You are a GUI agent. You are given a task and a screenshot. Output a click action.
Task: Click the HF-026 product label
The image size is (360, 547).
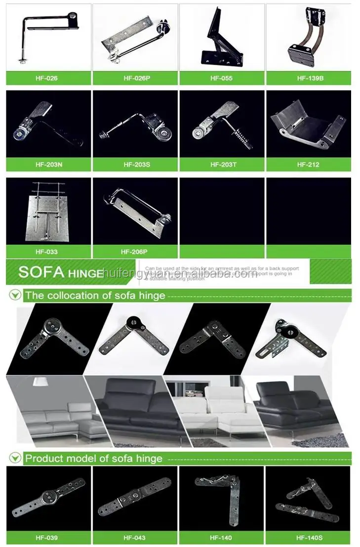pyautogui.click(x=48, y=78)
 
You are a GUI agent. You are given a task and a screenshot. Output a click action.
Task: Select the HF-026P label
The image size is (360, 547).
pyautogui.click(x=135, y=78)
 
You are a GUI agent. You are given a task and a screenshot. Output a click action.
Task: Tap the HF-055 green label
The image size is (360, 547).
pyautogui.click(x=222, y=78)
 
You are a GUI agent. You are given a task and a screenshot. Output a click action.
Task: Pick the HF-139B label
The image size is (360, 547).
pyautogui.click(x=309, y=78)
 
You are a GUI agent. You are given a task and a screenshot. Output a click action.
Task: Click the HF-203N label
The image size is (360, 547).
pyautogui.click(x=48, y=165)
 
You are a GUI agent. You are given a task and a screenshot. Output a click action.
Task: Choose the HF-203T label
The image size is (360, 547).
pyautogui.click(x=222, y=165)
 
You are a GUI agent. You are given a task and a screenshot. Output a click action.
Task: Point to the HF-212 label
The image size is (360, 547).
pyautogui.click(x=309, y=165)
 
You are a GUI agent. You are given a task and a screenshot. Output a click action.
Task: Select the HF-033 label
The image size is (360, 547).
pyautogui.click(x=48, y=252)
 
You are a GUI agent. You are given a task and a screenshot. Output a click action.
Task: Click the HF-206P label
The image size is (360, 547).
pyautogui.click(x=135, y=252)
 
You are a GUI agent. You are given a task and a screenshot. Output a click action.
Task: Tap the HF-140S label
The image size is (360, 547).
pyautogui.click(x=309, y=538)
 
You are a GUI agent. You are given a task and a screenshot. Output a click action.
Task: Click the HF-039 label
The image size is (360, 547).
pyautogui.click(x=48, y=538)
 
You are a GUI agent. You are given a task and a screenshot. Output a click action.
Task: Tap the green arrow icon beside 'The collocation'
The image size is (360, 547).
pyautogui.click(x=16, y=295)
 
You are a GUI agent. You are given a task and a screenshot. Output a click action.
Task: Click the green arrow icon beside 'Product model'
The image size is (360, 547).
pyautogui.click(x=16, y=458)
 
